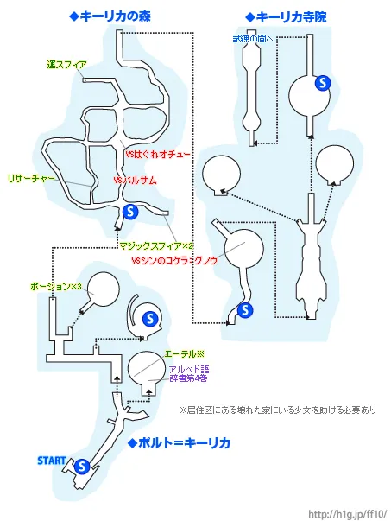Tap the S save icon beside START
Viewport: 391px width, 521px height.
[x=82, y=466]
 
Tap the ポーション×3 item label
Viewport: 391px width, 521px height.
[x=55, y=285]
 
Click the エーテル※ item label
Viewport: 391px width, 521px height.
[x=183, y=354]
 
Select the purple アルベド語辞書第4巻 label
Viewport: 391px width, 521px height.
[x=189, y=374]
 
